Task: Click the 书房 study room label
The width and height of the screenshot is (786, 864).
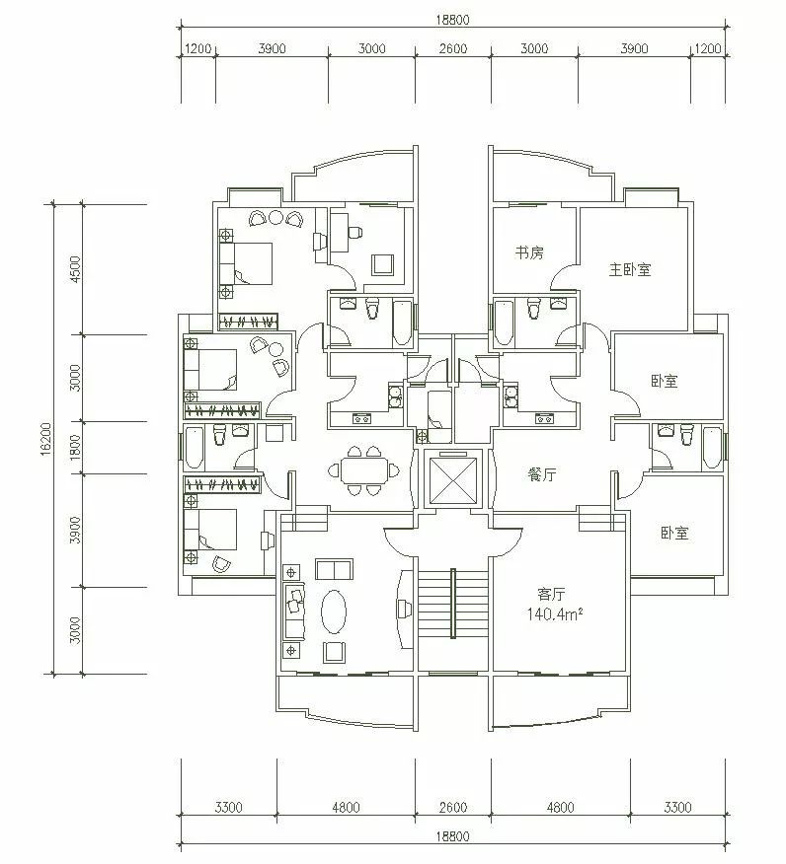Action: pyautogui.click(x=529, y=252)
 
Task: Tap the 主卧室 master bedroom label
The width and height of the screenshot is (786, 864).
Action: pyautogui.click(x=630, y=269)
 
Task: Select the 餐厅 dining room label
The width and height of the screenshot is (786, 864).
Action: pyautogui.click(x=542, y=474)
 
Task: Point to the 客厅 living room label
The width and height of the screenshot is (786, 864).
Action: pyautogui.click(x=551, y=594)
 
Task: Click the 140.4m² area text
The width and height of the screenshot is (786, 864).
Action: pyautogui.click(x=555, y=613)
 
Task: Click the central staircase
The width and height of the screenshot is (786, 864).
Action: pyautogui.click(x=453, y=604)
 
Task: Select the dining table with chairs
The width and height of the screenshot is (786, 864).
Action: pyautogui.click(x=363, y=470)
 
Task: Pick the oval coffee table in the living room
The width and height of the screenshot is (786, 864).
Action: pyautogui.click(x=334, y=612)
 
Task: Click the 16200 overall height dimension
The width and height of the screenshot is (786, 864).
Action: pyautogui.click(x=45, y=439)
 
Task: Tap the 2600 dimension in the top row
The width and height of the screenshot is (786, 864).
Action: pyautogui.click(x=453, y=48)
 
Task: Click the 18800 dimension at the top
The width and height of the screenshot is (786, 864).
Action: pyautogui.click(x=452, y=20)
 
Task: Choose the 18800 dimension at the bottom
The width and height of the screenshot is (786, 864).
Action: pyautogui.click(x=452, y=836)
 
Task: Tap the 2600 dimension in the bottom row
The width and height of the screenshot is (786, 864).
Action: pyautogui.click(x=453, y=807)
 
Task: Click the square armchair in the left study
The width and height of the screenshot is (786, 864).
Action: pyautogui.click(x=383, y=264)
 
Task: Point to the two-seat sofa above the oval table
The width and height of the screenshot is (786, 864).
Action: pyautogui.click(x=334, y=570)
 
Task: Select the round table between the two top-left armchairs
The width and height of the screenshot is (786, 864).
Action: pyautogui.click(x=275, y=217)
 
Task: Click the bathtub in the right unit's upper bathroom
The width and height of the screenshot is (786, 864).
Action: pyautogui.click(x=502, y=324)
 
